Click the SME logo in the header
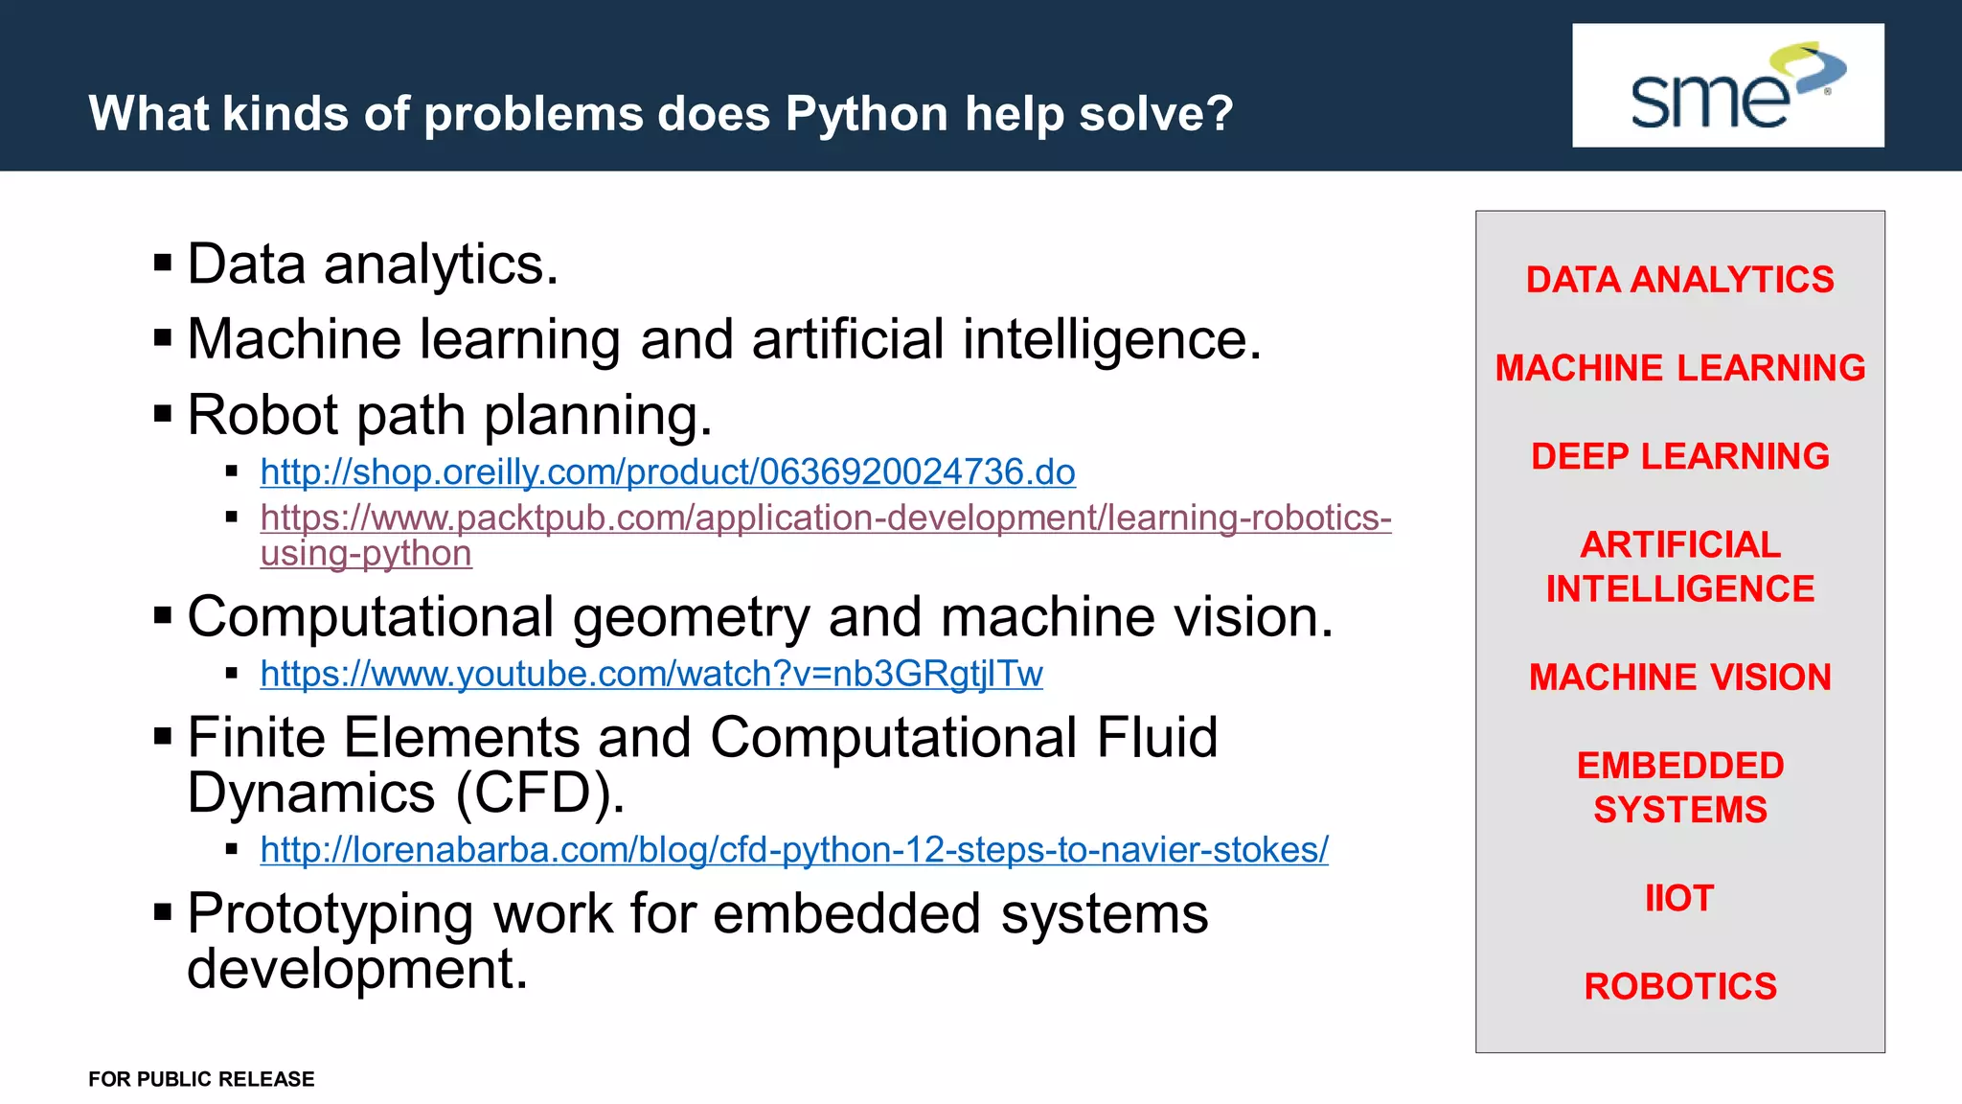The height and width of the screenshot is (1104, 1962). coord(1727,86)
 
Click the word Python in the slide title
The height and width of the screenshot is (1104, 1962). coord(866,114)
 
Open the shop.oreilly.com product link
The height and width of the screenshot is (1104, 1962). coord(667,472)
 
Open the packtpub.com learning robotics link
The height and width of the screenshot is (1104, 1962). coord(825,518)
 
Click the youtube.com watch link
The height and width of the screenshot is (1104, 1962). coord(650,675)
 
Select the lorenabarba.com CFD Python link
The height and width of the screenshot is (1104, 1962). coord(793,850)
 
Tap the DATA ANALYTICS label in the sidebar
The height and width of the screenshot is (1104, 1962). coord(1679,280)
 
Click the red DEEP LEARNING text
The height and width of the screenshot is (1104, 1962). coord(1679,456)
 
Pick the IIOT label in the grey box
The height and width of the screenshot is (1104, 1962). coord(1678,899)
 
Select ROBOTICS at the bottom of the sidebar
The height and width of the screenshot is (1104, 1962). coord(1679,987)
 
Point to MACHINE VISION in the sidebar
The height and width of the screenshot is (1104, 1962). coord(1679,678)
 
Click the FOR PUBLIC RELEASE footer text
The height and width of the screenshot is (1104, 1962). coord(201,1079)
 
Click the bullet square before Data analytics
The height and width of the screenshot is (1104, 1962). coord(163,263)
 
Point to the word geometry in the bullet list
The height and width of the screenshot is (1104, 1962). coord(691,618)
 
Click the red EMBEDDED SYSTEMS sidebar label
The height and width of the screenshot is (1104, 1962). coord(1679,788)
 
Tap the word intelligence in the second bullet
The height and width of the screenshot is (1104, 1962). coord(1111,340)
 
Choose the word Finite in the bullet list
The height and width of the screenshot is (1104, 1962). coord(257,738)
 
